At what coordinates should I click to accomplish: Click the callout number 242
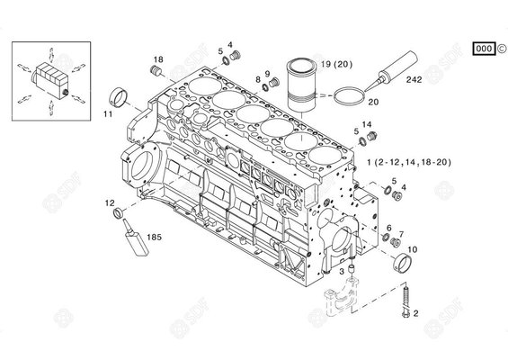tap(414, 79)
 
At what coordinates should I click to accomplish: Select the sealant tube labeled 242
tap(392, 70)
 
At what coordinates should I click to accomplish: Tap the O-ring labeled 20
tap(350, 96)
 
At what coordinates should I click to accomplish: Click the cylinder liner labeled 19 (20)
tap(301, 85)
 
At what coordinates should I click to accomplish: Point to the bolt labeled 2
tap(405, 301)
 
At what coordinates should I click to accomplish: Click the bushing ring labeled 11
tap(118, 97)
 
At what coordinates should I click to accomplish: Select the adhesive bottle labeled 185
tap(136, 238)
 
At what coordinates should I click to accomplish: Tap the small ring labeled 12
tap(118, 213)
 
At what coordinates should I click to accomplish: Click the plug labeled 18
tap(156, 70)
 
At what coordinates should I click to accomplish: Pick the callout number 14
tap(367, 124)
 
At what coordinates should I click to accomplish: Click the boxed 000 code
tap(484, 49)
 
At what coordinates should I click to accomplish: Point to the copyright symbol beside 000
tap(501, 49)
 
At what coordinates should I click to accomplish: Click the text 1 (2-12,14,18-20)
tap(409, 162)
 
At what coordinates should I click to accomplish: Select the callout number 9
tap(267, 74)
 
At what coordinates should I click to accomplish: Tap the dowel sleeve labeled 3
tap(351, 270)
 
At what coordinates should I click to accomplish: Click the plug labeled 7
tap(395, 241)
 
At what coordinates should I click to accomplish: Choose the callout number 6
tap(389, 228)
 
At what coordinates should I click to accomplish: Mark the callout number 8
tap(258, 79)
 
